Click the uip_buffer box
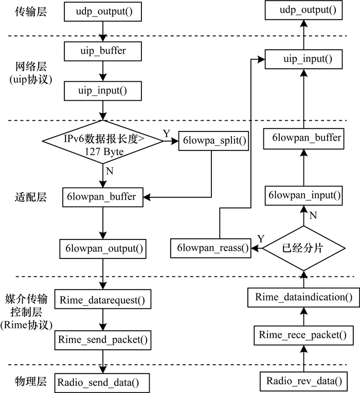pyautogui.click(x=103, y=51)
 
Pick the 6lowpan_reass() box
pyautogui.click(x=210, y=249)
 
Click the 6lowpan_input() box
pyautogui.click(x=304, y=195)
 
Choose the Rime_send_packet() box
pyautogui.click(x=103, y=339)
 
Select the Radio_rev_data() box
pyautogui.click(x=304, y=381)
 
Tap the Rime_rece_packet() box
pyautogui.click(x=304, y=335)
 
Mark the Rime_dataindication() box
pyautogui.click(x=304, y=296)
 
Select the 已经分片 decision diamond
pyautogui.click(x=304, y=248)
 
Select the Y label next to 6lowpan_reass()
pyautogui.click(x=260, y=239)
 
